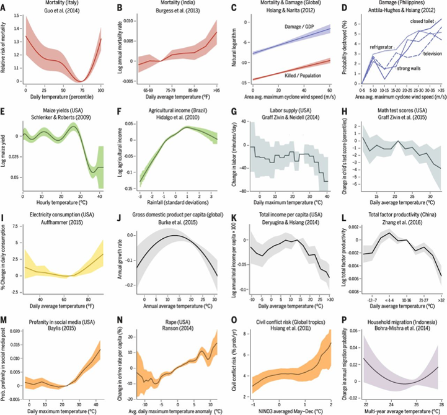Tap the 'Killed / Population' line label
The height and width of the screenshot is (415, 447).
303,77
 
